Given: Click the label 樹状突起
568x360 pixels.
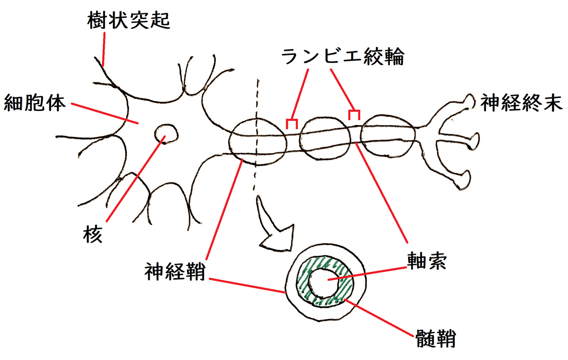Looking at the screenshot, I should click(x=129, y=21).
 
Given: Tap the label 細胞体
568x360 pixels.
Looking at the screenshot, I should click(x=34, y=103).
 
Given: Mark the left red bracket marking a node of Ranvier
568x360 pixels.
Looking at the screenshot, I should click(x=292, y=124).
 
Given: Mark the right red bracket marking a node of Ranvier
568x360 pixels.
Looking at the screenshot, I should click(x=354, y=114).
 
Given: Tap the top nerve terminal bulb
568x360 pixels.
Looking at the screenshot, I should click(x=470, y=101).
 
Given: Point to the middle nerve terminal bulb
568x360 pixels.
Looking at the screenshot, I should click(x=472, y=140).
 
